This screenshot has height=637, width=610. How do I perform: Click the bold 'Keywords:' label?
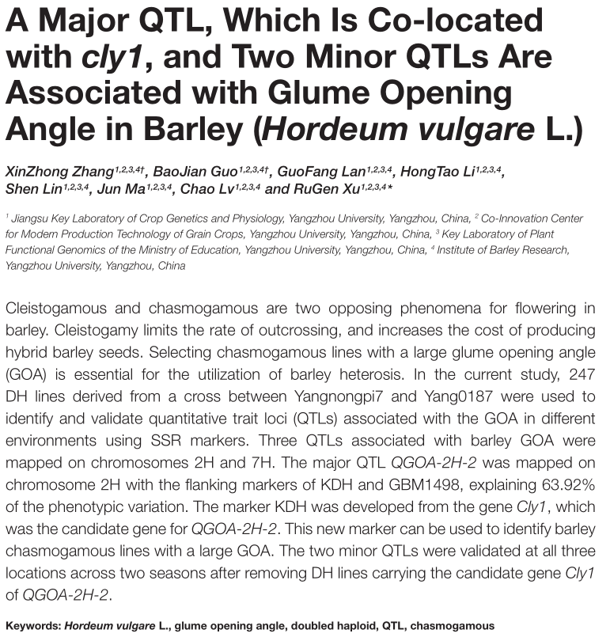coord(32,625)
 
